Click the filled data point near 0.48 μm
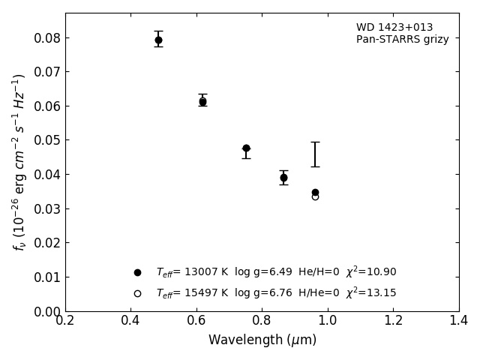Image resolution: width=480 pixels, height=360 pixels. pos(158,40)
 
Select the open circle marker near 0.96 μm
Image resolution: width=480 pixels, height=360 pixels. pos(315,196)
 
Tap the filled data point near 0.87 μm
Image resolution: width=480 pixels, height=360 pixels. pos(283,178)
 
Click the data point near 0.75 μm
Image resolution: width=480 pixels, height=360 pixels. pos(246,148)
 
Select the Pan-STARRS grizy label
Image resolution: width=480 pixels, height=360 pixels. pos(402,40)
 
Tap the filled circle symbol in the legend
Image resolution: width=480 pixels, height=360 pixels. pos(137,272)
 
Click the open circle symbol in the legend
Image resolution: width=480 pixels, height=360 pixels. pos(137,293)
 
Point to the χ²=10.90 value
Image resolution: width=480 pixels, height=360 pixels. pos(370,272)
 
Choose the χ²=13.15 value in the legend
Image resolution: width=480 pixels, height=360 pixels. pos(370,293)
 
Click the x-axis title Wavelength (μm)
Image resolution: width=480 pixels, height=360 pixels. pos(262,340)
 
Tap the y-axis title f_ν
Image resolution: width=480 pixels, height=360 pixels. pos(19,161)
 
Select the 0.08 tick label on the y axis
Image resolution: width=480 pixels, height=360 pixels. pos(47,38)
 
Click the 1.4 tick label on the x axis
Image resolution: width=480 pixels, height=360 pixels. pos(458,321)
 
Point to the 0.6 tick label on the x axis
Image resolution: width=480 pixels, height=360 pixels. pos(196,321)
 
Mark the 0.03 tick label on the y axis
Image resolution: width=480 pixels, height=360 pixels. pos(47,209)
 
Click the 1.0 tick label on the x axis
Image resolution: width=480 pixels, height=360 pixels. pos(328,321)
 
